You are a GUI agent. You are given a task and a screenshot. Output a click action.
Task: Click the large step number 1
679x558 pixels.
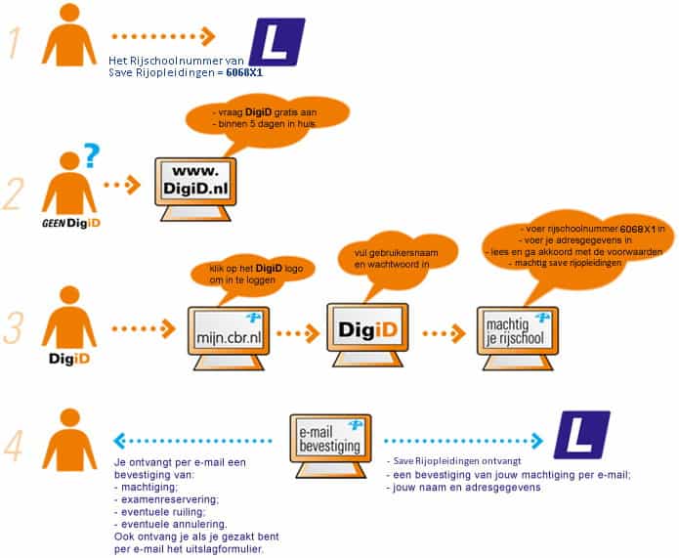pos(15,42)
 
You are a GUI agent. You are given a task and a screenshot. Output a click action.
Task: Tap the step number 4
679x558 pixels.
pos(13,445)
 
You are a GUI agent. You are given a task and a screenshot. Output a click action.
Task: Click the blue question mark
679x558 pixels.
pos(92,155)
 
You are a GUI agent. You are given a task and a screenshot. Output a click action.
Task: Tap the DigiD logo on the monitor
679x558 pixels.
pos(367,329)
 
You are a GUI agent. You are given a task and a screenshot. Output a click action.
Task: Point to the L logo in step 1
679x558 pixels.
pos(277,42)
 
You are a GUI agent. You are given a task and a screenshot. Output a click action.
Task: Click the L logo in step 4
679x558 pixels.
pos(582,435)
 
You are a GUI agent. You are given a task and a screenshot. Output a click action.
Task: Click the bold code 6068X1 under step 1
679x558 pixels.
pos(244,72)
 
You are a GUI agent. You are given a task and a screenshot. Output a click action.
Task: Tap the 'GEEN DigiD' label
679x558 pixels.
pos(71,223)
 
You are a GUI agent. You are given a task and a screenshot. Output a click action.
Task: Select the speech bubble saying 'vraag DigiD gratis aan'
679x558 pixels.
pos(267,117)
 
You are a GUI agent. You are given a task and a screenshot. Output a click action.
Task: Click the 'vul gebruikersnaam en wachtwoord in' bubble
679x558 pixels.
pos(397,259)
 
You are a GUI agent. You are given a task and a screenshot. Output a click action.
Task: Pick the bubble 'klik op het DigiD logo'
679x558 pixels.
pos(253,274)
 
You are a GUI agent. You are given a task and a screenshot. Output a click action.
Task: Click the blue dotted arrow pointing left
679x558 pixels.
pos(192,441)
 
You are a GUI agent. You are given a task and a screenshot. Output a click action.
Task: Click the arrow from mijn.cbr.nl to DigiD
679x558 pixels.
pos(298,333)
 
